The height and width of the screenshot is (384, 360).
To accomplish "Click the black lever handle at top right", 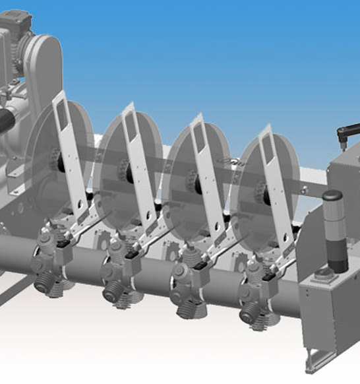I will pyautogui.click(x=348, y=131).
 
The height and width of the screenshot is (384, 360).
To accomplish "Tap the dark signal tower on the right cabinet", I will pyautogui.click(x=334, y=231).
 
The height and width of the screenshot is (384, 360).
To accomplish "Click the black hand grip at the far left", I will pyautogui.click(x=5, y=122).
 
